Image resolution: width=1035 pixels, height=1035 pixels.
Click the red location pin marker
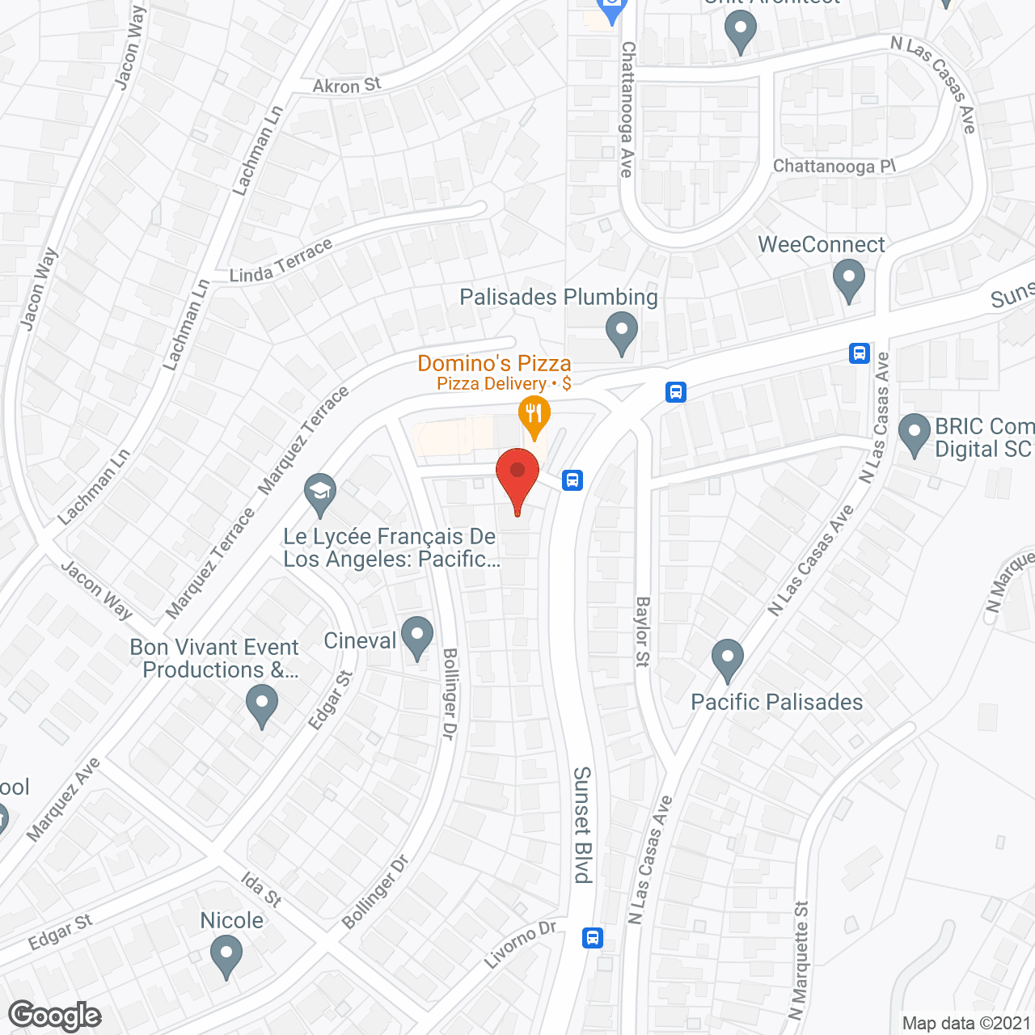517,473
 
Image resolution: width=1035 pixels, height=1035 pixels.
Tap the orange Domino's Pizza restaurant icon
534,415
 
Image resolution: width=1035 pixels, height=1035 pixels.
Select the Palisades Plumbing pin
621,332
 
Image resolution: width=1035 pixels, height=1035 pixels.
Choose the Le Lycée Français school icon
320,492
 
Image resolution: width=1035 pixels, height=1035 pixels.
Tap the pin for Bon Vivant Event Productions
261,704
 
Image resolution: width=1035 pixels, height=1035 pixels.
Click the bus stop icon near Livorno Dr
593,938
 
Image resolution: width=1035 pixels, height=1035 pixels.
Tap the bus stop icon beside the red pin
572,480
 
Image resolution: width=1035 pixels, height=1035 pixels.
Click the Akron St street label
347,86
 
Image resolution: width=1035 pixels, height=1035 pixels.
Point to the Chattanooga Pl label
834,167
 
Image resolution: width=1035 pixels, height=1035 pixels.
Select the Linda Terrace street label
281,261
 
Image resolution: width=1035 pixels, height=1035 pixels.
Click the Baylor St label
643,632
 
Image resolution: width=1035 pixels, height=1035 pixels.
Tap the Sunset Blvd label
582,825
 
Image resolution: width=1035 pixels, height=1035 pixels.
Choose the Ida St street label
261,889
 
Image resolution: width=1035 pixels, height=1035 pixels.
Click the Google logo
55,1016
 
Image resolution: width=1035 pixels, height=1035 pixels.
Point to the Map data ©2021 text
967,1023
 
